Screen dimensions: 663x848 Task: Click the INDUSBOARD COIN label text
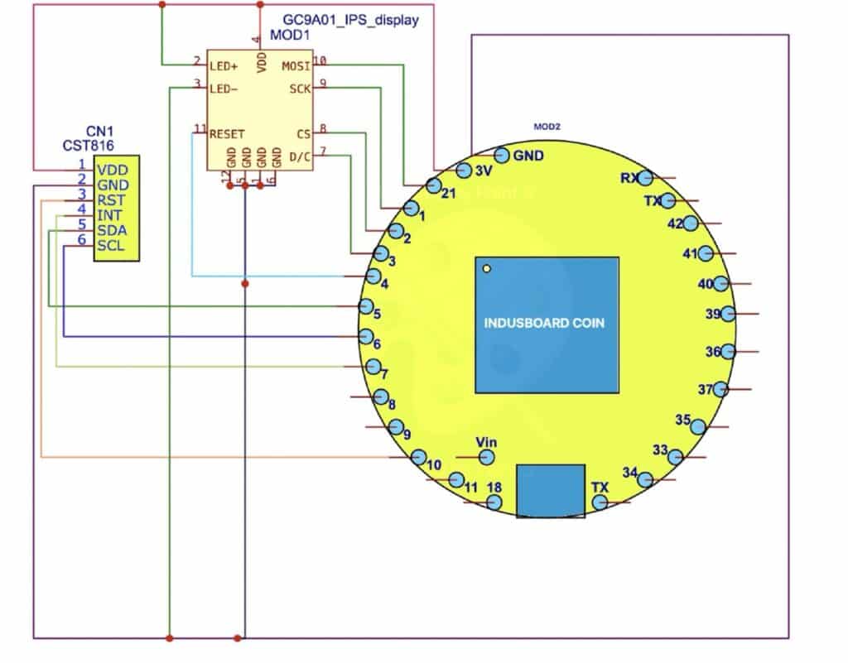point(544,324)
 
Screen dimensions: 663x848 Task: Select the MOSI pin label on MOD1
point(296,65)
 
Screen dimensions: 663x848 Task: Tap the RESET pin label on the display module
point(227,133)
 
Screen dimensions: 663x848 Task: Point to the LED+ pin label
point(224,65)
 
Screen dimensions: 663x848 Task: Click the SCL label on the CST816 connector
point(111,246)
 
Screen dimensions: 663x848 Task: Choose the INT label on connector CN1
point(109,215)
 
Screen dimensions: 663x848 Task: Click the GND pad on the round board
point(501,155)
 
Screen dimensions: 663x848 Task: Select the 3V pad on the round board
point(464,170)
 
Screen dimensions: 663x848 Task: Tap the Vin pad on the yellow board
point(488,456)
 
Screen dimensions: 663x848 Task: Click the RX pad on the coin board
point(645,177)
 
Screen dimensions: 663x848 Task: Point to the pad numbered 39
point(727,314)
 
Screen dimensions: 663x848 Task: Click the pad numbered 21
point(433,185)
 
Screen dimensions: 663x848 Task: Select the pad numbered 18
point(494,502)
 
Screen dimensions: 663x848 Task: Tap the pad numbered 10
point(419,456)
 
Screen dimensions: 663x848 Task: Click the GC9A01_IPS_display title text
point(351,21)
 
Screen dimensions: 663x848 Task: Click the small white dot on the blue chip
point(488,268)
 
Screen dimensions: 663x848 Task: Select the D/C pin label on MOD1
point(298,156)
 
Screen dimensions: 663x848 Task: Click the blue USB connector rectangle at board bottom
point(550,491)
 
